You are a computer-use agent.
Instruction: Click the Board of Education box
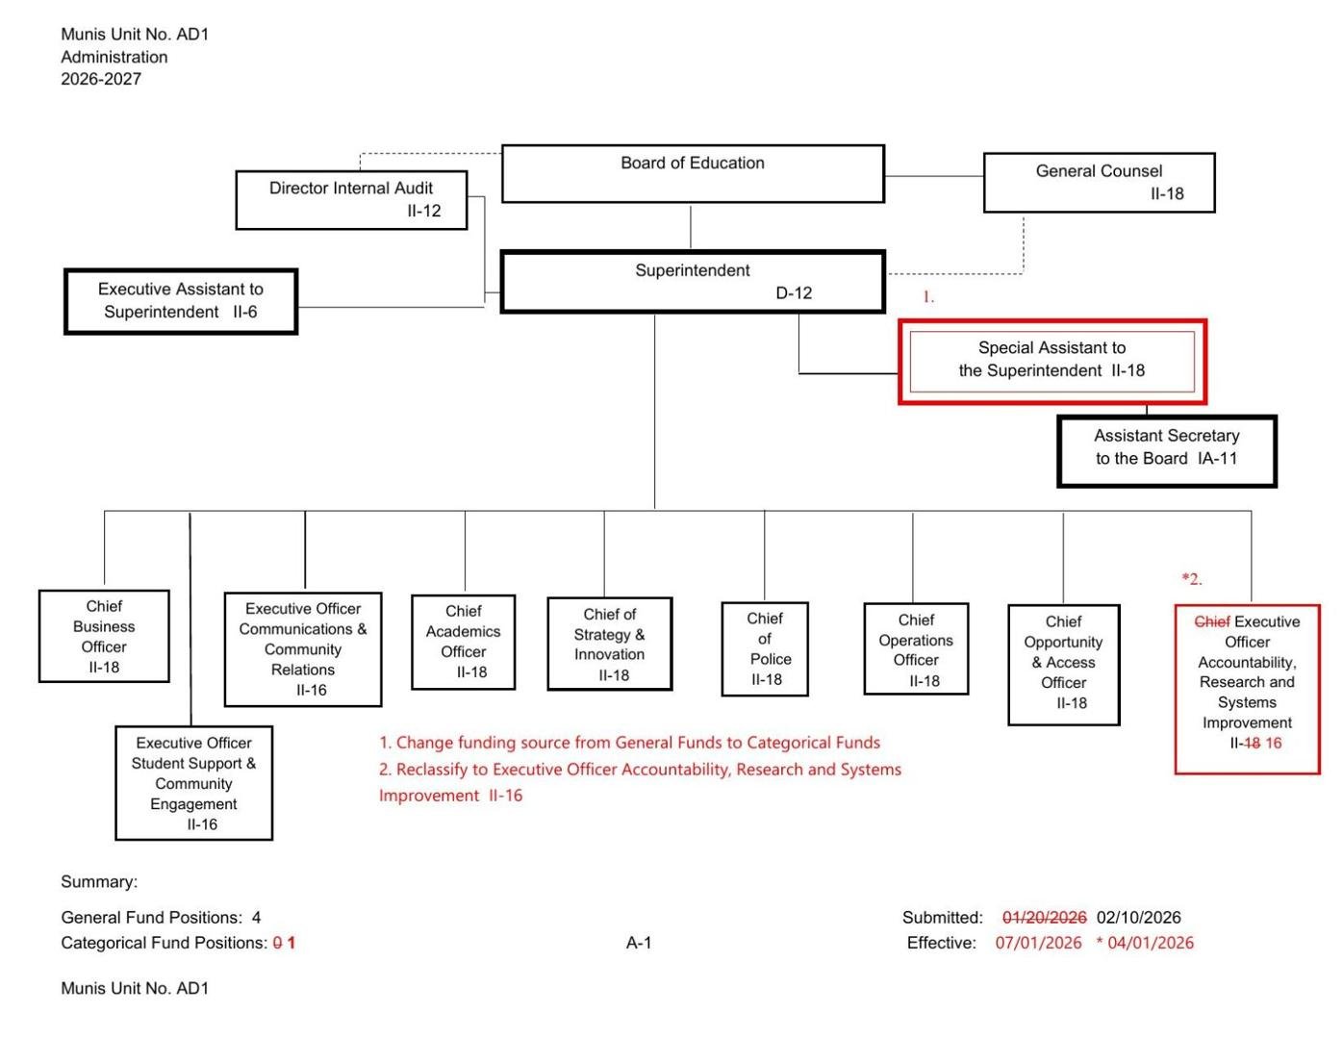click(693, 174)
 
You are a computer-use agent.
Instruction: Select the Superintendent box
click(693, 282)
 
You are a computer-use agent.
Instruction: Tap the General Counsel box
click(1099, 182)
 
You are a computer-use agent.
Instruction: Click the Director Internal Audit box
click(351, 199)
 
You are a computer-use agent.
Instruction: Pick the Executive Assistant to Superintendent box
click(181, 301)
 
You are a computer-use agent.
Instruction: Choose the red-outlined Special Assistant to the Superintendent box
click(1052, 361)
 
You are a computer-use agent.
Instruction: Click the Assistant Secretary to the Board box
click(1166, 450)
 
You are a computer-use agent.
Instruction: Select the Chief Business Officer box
click(104, 636)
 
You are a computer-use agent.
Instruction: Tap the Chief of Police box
click(765, 648)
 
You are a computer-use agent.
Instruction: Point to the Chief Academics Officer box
click(463, 642)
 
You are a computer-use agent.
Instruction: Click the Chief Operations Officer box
click(916, 649)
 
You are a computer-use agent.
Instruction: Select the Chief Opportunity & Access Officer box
click(1063, 664)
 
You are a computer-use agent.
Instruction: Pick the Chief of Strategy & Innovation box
click(609, 644)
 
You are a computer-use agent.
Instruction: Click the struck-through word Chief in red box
click(1211, 621)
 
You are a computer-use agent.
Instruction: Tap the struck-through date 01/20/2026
click(1044, 917)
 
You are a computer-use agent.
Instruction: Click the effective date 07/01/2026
click(1038, 943)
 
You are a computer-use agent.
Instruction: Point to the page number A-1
click(639, 943)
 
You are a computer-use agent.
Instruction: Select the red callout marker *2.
click(1192, 579)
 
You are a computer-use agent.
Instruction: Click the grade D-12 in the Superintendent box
click(794, 293)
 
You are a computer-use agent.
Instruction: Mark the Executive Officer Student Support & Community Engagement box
click(193, 782)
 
